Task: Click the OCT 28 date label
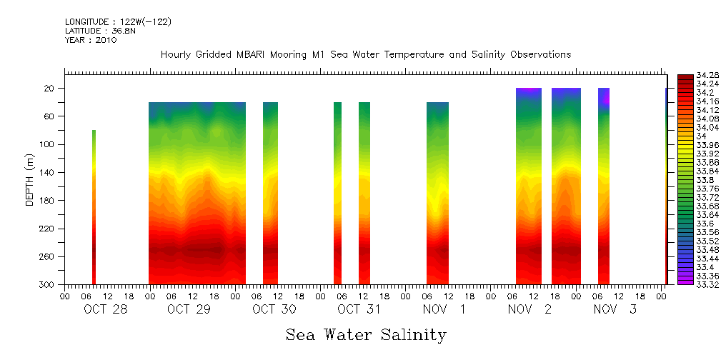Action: coord(105,309)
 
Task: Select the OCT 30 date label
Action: coord(274,309)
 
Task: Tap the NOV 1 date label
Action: coord(444,309)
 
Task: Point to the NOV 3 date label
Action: coord(613,309)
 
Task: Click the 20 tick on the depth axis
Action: coord(50,89)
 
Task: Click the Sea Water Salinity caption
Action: coord(366,335)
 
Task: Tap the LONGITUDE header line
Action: coord(118,22)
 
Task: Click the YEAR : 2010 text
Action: coord(91,40)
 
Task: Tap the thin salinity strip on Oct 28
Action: coord(94,207)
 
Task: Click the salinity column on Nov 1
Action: coord(437,193)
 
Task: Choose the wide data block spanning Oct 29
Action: coord(197,193)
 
